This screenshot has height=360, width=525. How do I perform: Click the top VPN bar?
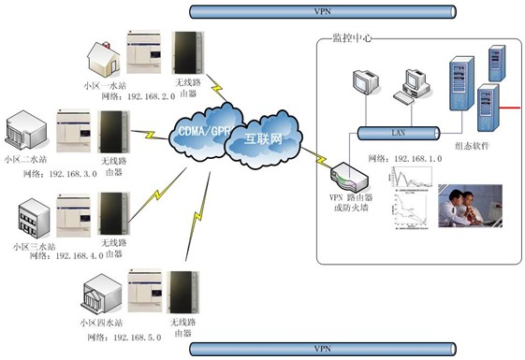point(322,12)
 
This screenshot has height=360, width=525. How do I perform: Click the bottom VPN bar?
point(322,349)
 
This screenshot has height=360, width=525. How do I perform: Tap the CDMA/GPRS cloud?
point(199,130)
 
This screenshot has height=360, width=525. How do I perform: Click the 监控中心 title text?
point(351,38)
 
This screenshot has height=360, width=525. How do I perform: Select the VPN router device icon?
point(345,174)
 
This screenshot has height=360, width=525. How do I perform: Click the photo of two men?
point(470,206)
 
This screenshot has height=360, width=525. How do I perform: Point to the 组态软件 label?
point(474,146)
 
